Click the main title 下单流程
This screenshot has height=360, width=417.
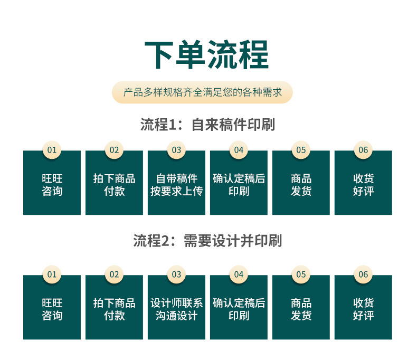click(x=207, y=54)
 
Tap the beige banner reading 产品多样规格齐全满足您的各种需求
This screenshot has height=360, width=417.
click(x=203, y=92)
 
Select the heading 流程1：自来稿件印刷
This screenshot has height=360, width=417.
click(x=207, y=125)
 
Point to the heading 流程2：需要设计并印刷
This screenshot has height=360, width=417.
click(x=207, y=241)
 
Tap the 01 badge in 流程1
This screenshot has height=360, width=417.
click(x=52, y=150)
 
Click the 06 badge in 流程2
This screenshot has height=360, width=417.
click(x=363, y=274)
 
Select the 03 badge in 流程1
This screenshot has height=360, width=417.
click(x=176, y=150)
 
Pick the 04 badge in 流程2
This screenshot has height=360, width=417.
click(x=239, y=274)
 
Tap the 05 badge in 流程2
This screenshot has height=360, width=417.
click(x=301, y=274)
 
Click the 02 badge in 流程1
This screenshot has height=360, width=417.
click(x=114, y=150)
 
